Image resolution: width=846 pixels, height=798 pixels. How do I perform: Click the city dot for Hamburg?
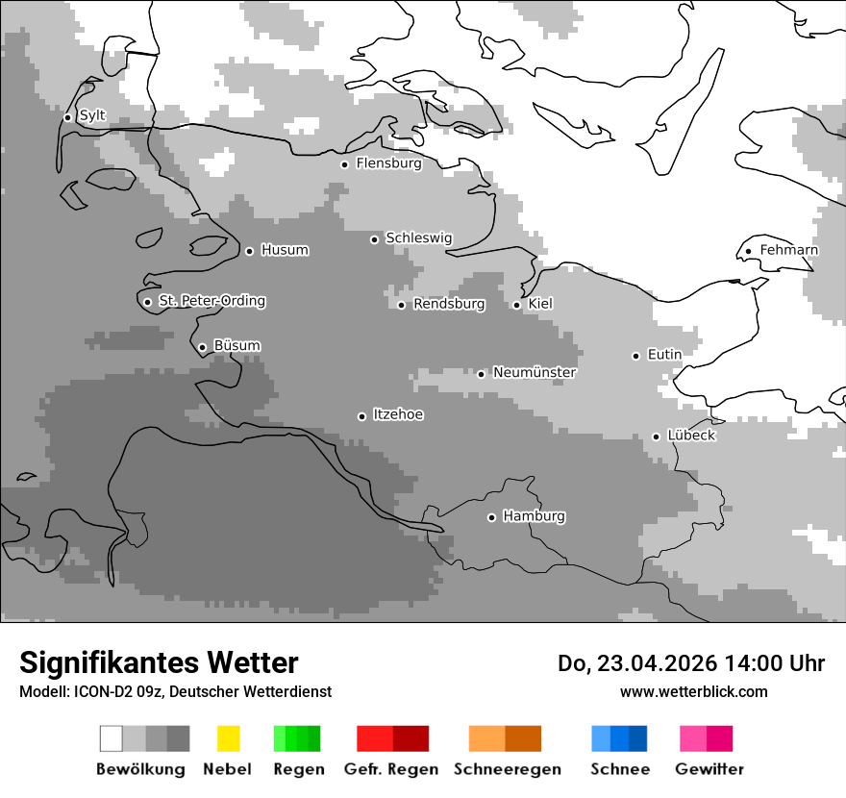(x=491, y=517)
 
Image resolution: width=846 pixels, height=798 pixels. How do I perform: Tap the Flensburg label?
(x=388, y=163)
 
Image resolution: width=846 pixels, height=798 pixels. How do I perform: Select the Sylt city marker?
(x=68, y=117)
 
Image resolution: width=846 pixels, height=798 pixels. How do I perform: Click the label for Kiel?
(x=540, y=304)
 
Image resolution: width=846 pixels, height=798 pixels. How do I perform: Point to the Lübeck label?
(x=691, y=436)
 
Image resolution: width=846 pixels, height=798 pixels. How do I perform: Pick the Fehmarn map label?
(x=788, y=250)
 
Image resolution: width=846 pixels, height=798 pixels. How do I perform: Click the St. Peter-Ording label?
(x=211, y=301)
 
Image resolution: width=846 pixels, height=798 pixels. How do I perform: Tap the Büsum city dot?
(x=202, y=347)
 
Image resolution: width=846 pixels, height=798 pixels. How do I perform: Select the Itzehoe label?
(x=398, y=414)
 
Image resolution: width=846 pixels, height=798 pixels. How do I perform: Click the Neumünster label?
(x=535, y=372)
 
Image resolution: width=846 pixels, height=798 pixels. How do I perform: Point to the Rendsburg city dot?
(x=402, y=305)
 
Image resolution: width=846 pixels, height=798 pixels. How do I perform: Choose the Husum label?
(x=285, y=250)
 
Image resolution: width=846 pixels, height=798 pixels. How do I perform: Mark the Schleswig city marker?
(x=375, y=239)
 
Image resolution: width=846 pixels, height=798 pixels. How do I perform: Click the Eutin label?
(x=664, y=355)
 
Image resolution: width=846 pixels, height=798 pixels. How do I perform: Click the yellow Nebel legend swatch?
(x=228, y=738)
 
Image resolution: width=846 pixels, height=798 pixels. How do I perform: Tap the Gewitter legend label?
(x=709, y=769)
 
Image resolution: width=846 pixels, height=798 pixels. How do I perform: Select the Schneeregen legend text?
(x=508, y=769)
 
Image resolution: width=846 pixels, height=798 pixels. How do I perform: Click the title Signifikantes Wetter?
(x=159, y=662)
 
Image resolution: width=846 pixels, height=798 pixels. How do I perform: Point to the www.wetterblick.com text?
(x=693, y=691)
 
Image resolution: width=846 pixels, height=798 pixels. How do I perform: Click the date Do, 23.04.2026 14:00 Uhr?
(x=691, y=663)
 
